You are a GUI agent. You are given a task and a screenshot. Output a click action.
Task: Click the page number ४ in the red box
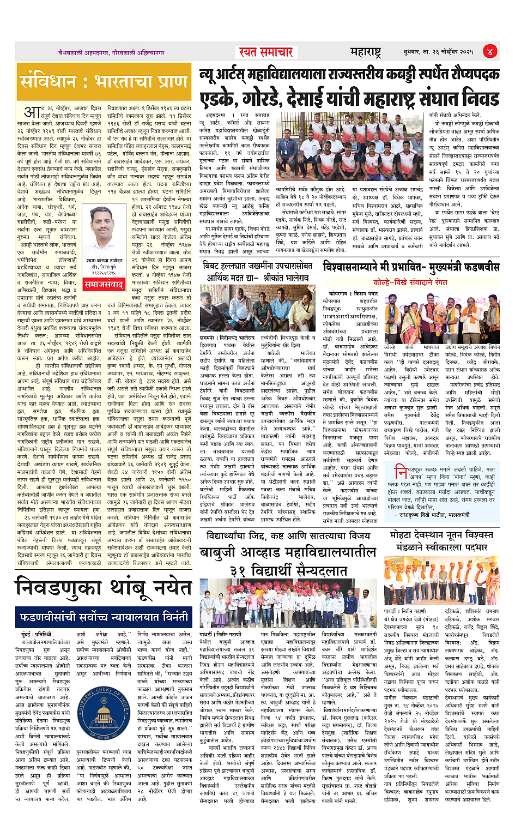click(490, 52)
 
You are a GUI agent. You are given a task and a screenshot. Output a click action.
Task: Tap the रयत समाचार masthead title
click(266, 52)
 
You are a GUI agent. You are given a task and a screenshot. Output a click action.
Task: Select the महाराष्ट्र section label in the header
click(366, 52)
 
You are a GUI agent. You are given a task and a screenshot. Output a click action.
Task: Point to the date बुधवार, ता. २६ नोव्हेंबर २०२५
click(438, 52)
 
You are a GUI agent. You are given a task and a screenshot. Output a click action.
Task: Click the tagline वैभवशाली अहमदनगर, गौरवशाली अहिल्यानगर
click(112, 53)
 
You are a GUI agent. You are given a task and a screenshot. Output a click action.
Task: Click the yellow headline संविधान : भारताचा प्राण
click(104, 82)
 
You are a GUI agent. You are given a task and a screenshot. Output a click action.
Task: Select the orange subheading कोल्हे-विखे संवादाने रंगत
click(410, 282)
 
